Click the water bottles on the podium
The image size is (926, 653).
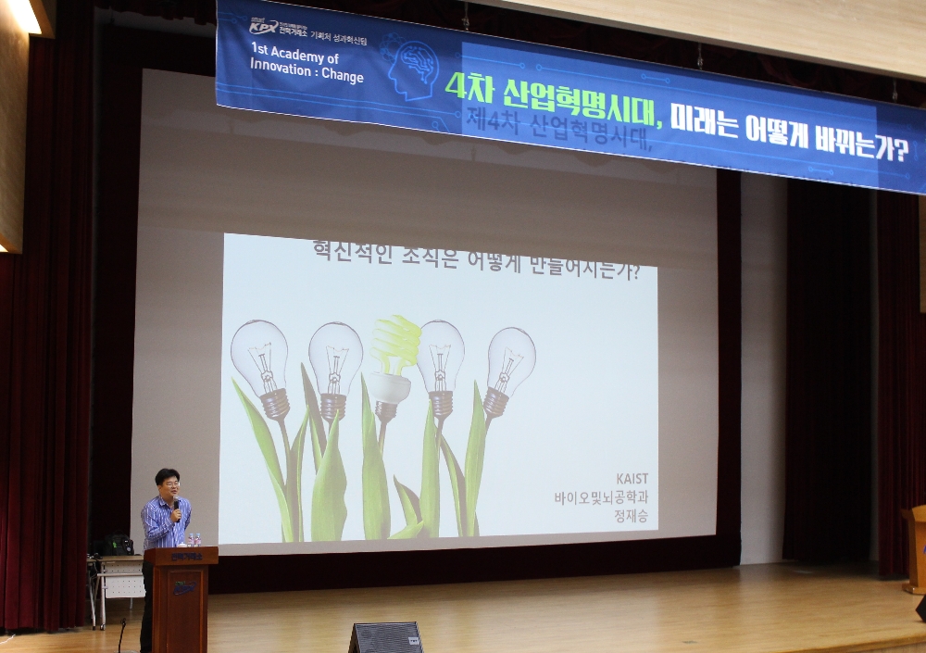[194, 539]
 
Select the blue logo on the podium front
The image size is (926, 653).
[184, 586]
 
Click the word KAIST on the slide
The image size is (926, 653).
[635, 479]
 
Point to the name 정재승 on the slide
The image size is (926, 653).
[635, 516]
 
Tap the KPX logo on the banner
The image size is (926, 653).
[264, 27]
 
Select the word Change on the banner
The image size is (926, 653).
[343, 76]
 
